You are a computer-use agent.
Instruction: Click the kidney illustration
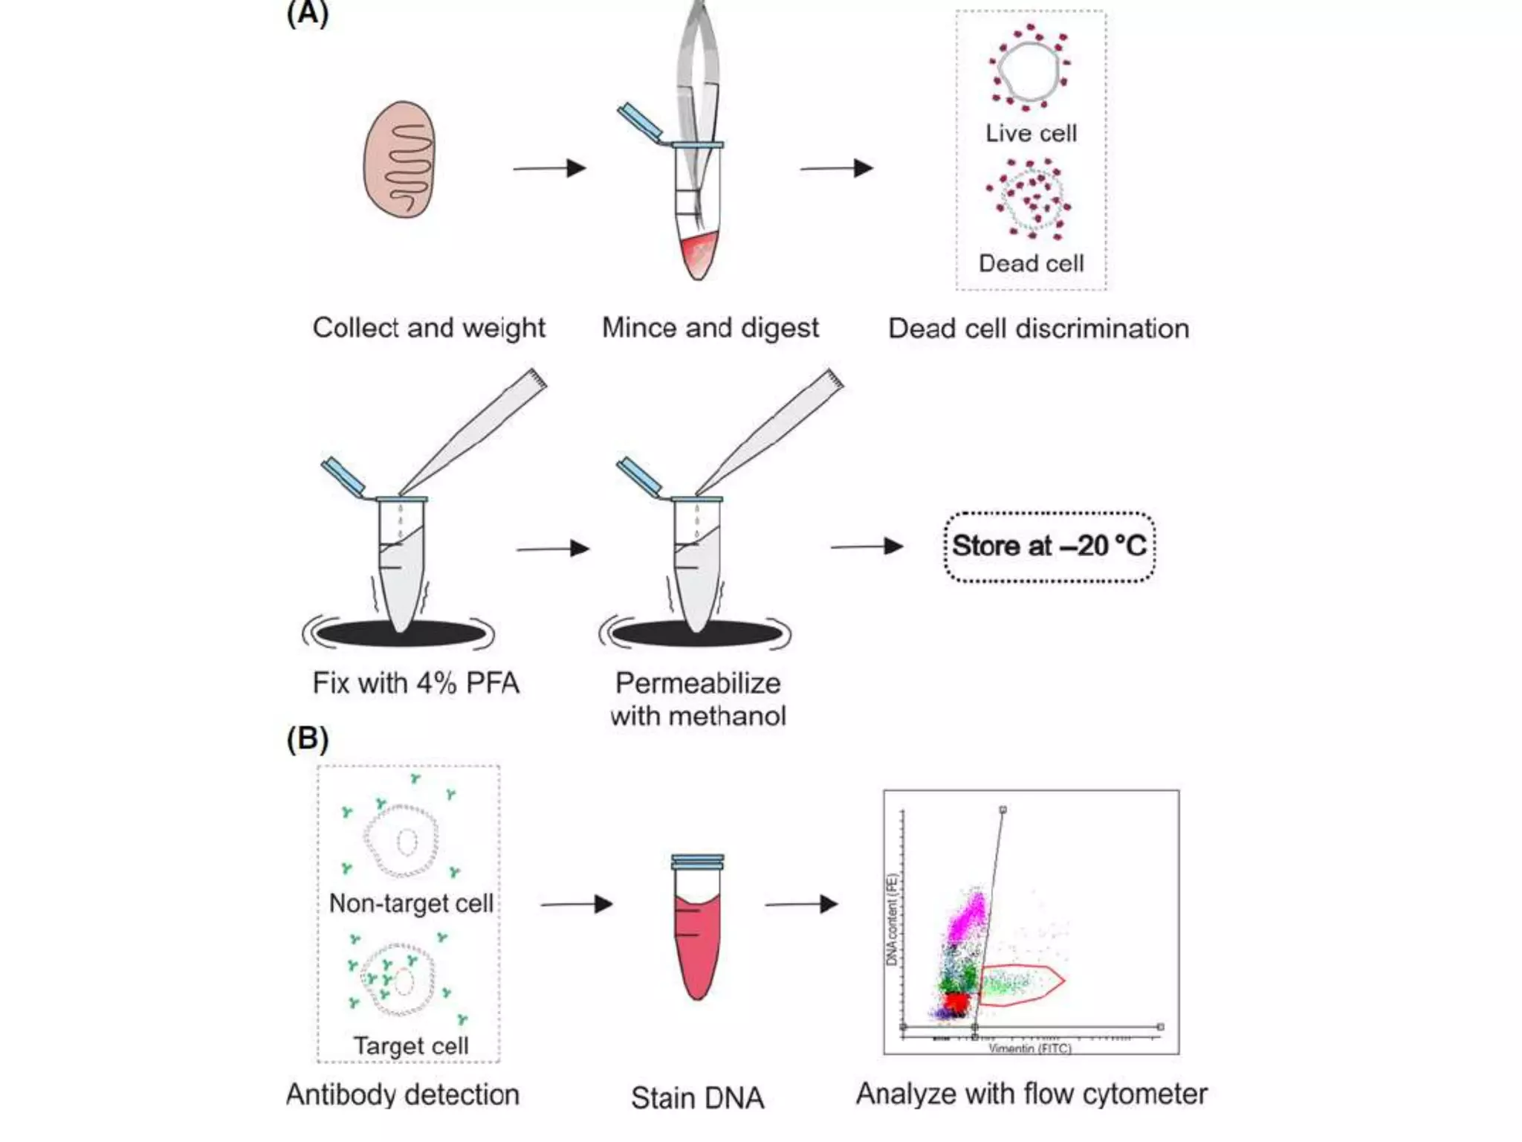click(399, 159)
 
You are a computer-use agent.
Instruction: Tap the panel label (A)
click(307, 13)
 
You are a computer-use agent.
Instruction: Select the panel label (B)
click(307, 738)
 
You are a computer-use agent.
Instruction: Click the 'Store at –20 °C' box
click(1049, 546)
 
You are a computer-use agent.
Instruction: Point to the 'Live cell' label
click(1031, 133)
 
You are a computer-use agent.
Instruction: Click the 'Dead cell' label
click(1031, 263)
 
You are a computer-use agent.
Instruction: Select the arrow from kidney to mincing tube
click(549, 168)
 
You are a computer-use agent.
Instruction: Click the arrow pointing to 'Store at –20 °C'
click(867, 547)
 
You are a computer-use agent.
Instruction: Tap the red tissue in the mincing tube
click(699, 253)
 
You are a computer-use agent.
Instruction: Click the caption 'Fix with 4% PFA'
click(415, 683)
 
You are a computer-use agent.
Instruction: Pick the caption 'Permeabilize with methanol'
click(698, 700)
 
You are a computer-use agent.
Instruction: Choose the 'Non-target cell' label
click(411, 903)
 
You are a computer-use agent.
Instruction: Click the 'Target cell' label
click(410, 1045)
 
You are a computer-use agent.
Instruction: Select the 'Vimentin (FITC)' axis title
click(1030, 1048)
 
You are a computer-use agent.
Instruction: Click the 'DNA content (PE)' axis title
click(892, 919)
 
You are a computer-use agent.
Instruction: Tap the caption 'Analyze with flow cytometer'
click(1032, 1094)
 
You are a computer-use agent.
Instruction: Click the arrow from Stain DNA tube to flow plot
click(801, 904)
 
